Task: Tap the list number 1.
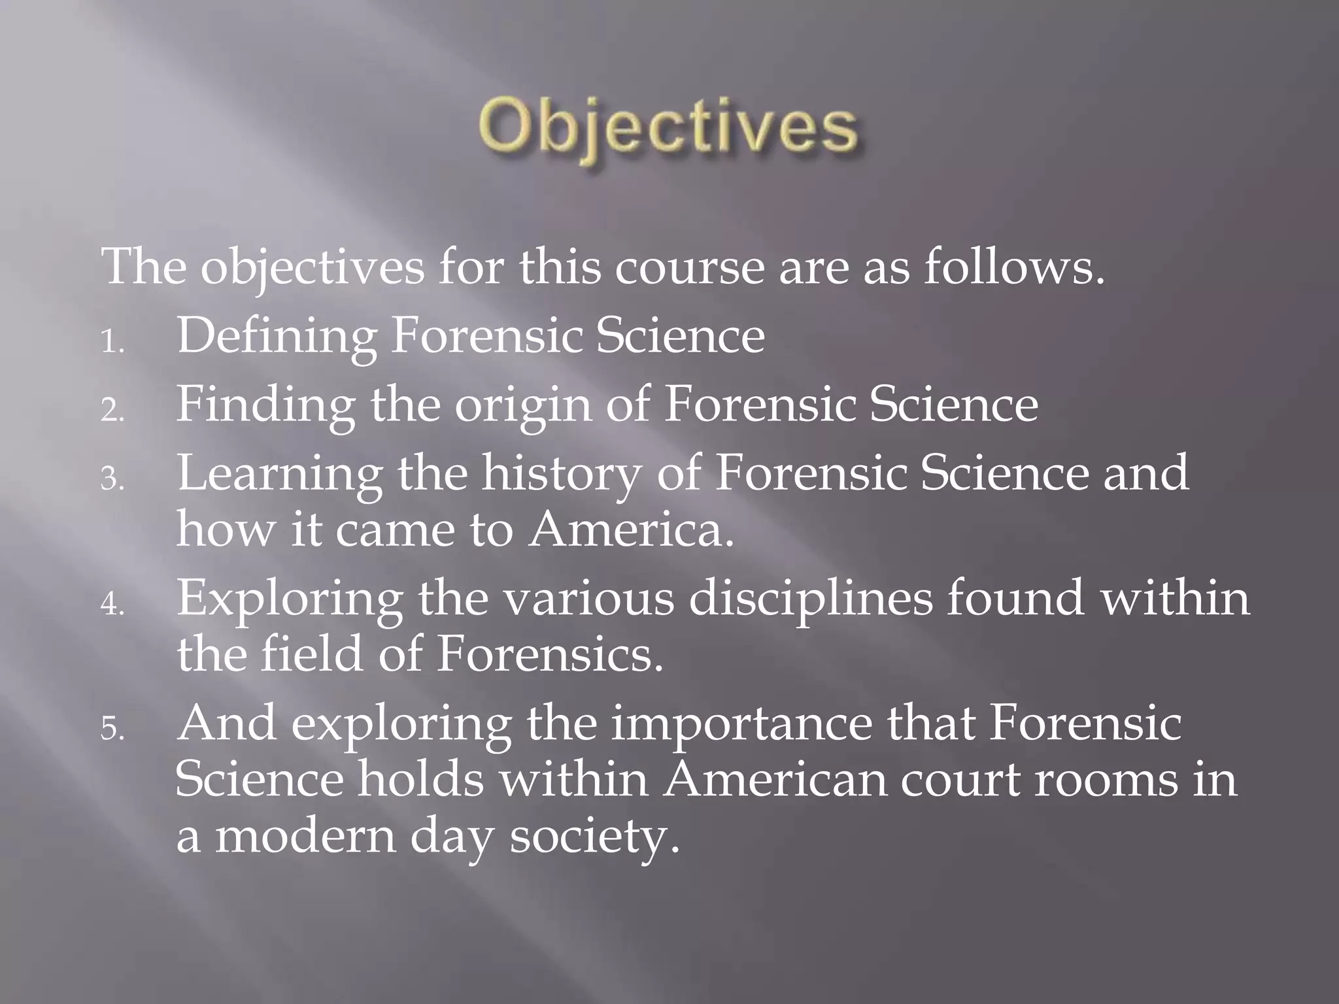tap(112, 343)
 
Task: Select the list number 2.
tap(112, 411)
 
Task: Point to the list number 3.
tap(112, 480)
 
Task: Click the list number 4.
tap(112, 605)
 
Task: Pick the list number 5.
tap(112, 729)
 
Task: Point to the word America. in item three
tap(632, 529)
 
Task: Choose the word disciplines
tap(811, 598)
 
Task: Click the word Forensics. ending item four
tap(550, 654)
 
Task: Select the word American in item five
tap(775, 780)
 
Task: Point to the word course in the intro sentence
tap(689, 267)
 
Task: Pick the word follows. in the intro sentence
tap(1014, 267)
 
